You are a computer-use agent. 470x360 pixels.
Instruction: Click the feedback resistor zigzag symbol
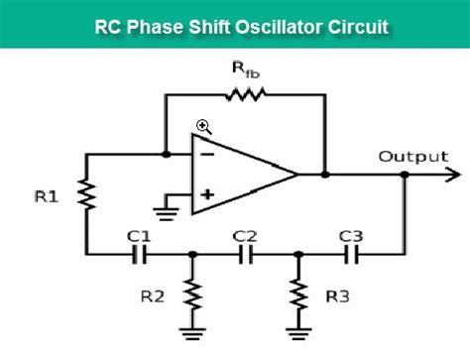click(x=244, y=95)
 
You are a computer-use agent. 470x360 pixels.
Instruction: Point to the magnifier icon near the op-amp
click(x=203, y=127)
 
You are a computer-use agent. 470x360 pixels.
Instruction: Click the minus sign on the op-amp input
click(x=207, y=154)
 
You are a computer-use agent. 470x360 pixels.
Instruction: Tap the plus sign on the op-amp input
click(x=207, y=194)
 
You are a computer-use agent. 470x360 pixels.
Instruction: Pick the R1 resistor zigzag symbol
click(x=86, y=197)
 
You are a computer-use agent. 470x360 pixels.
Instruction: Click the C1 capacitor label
click(x=139, y=236)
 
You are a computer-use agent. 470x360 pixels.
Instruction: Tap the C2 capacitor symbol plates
click(x=245, y=254)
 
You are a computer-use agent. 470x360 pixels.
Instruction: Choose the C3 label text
click(x=351, y=236)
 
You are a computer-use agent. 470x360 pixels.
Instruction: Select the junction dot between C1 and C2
click(x=191, y=254)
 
